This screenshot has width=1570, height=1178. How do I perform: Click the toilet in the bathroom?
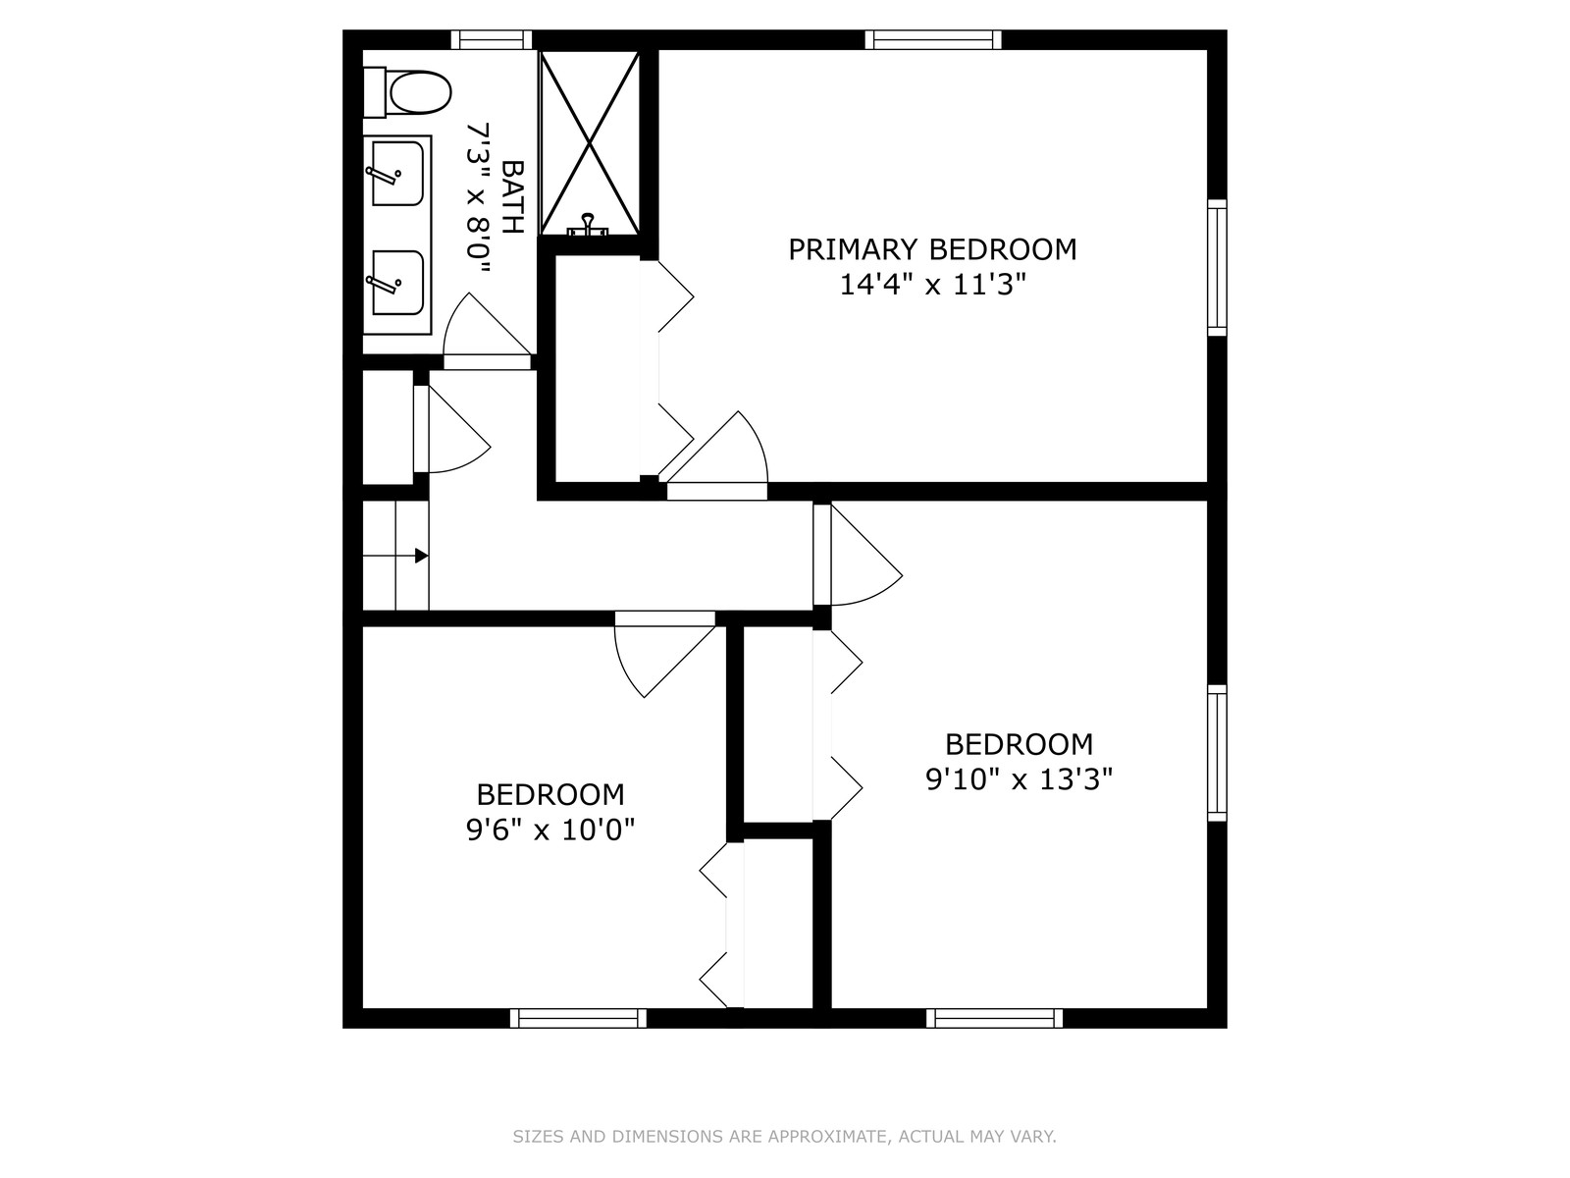407,92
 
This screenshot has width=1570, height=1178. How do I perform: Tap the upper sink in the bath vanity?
397,174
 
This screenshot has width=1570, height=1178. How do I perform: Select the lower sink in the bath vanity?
397,283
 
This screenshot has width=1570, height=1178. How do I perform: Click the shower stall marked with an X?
590,143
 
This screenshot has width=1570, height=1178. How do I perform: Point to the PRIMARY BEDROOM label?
932,249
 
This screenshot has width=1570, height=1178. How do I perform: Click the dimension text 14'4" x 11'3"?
932,286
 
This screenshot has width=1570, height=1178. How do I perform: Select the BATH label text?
513,197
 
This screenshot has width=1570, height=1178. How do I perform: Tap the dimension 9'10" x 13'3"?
1020,779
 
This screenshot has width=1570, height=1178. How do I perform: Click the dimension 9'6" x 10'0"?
550,830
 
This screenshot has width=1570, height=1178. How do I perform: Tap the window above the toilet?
492,40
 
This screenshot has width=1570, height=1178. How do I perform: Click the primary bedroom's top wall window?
933,40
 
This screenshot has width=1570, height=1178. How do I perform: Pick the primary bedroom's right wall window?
1218,267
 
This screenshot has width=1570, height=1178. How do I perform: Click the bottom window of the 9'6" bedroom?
579,1018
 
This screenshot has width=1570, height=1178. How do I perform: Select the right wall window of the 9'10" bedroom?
1218,753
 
